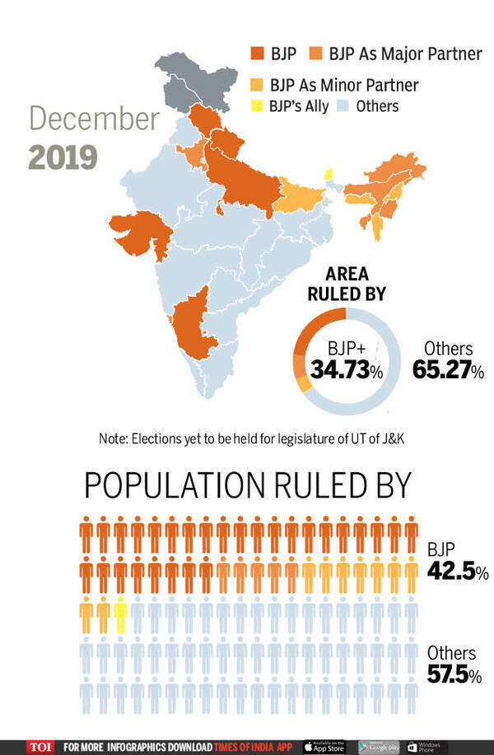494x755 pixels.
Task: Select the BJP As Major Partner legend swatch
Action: pyautogui.click(x=316, y=54)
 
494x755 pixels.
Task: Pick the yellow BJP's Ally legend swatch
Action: pyautogui.click(x=257, y=106)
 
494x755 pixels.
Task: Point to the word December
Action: pyautogui.click(x=94, y=118)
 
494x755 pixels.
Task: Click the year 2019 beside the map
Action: pyautogui.click(x=63, y=156)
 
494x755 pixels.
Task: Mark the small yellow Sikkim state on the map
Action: pyautogui.click(x=329, y=174)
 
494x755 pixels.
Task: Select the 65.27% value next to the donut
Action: pyautogui.click(x=448, y=370)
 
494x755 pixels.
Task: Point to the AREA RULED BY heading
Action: pyautogui.click(x=346, y=285)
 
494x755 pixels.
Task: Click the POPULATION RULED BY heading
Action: pyautogui.click(x=247, y=486)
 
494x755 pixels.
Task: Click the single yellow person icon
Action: pyautogui.click(x=120, y=617)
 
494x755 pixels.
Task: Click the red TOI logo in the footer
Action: pyautogui.click(x=39, y=746)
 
